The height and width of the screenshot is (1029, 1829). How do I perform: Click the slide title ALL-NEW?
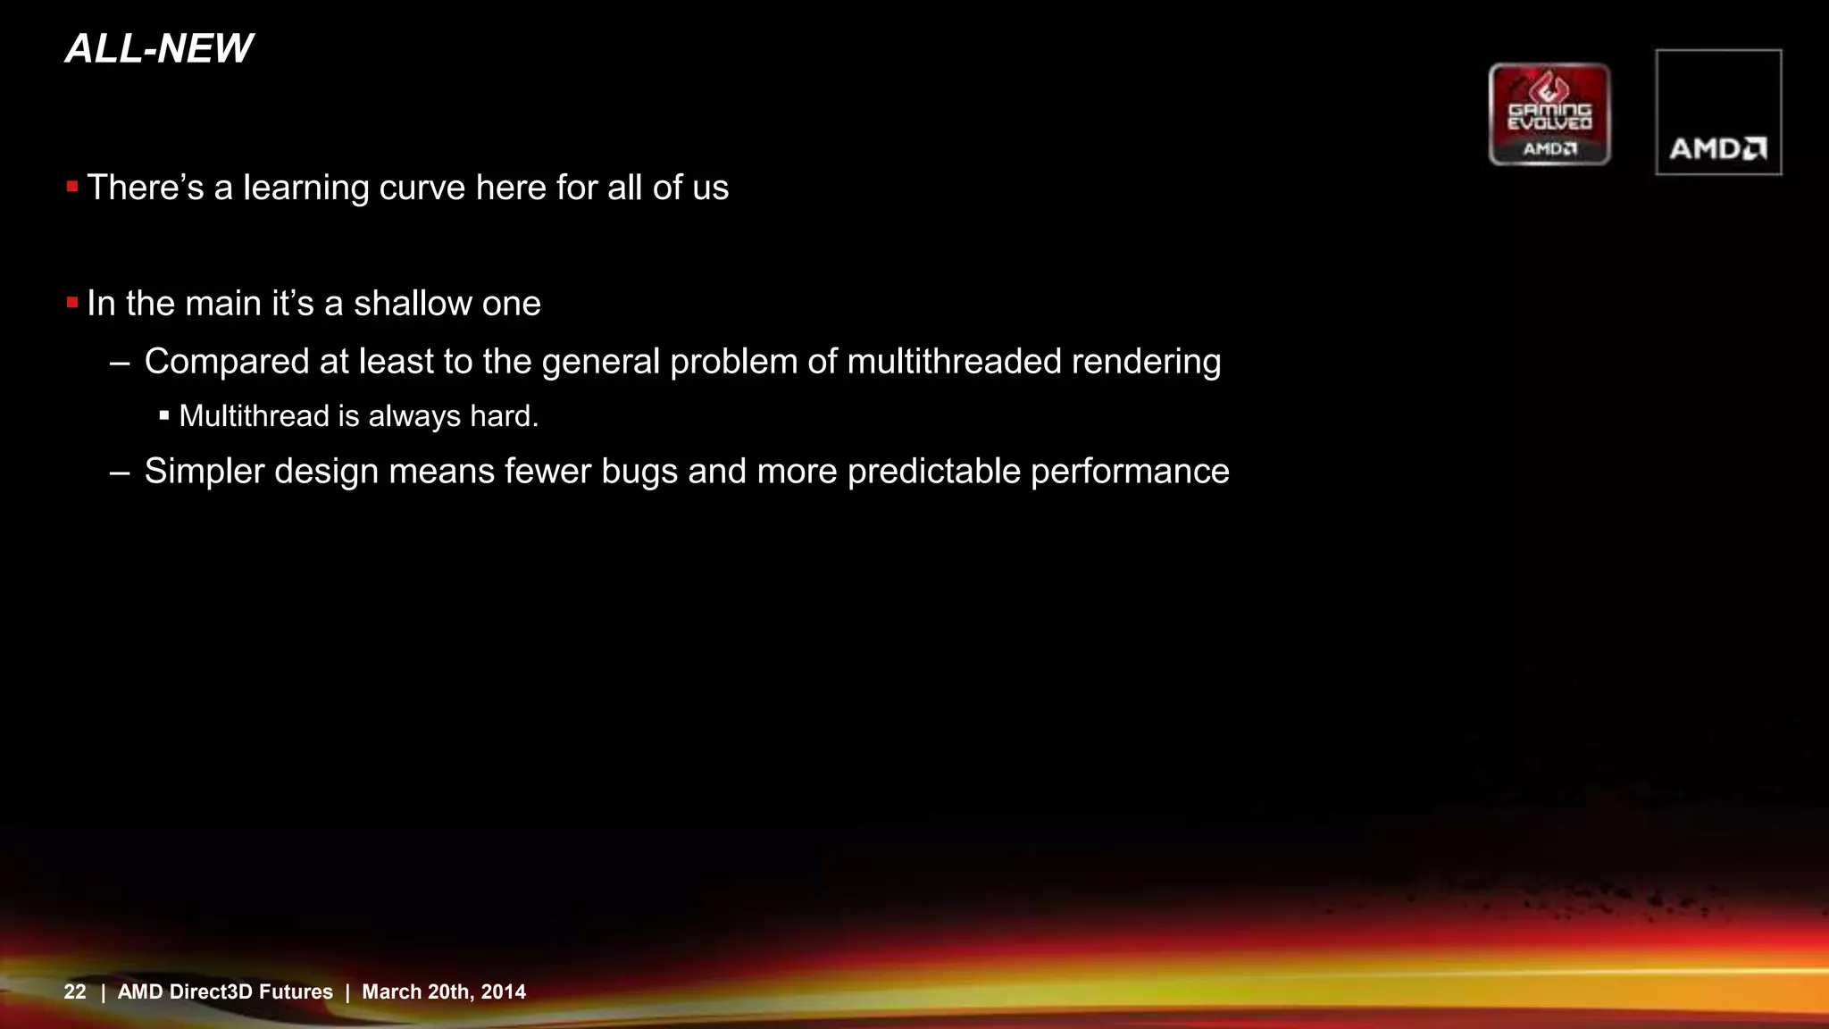pyautogui.click(x=159, y=48)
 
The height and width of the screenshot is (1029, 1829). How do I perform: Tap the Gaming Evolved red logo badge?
pyautogui.click(x=1549, y=114)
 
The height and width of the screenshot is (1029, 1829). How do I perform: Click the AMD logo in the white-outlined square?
pyautogui.click(x=1718, y=147)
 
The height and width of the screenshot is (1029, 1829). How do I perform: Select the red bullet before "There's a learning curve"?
pyautogui.click(x=72, y=187)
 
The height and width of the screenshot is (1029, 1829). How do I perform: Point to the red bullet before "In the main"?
pyautogui.click(x=72, y=303)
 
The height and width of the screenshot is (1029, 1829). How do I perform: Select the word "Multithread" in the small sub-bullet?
pyautogui.click(x=254, y=416)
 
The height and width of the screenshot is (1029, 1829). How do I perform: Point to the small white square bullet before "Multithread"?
pyautogui.click(x=164, y=415)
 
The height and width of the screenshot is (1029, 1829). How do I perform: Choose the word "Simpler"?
pyautogui.click(x=205, y=472)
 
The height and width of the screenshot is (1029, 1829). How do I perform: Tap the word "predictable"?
pyautogui.click(x=933, y=472)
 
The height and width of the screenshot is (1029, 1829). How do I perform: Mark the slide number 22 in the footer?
pyautogui.click(x=75, y=991)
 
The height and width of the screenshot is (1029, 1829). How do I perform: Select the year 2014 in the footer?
pyautogui.click(x=504, y=991)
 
